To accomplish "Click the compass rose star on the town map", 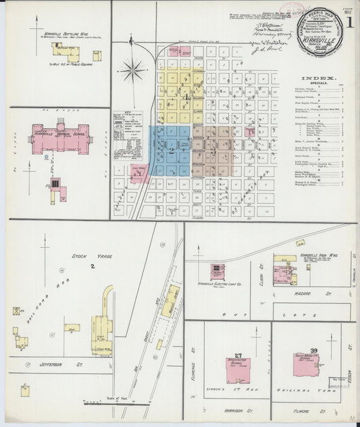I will click(x=133, y=69).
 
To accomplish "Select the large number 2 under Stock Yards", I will click(x=93, y=267).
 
